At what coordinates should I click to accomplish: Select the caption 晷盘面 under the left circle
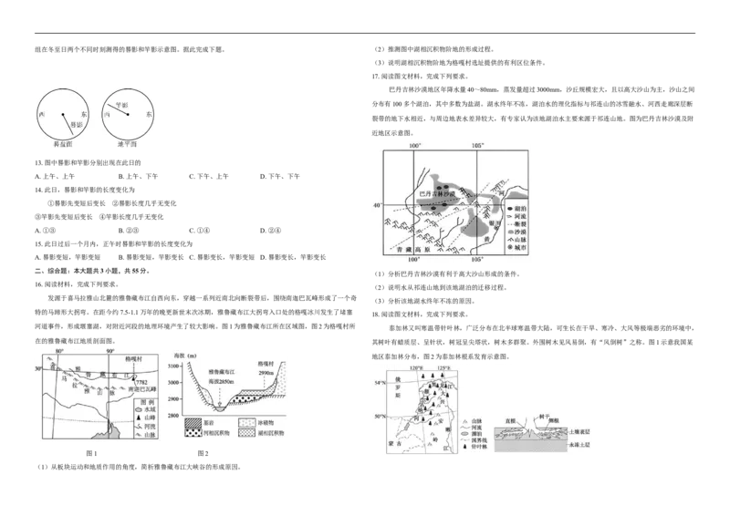pos(62,145)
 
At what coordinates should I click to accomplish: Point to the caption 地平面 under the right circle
pos(128,145)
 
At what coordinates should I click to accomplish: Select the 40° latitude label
pos(375,206)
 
